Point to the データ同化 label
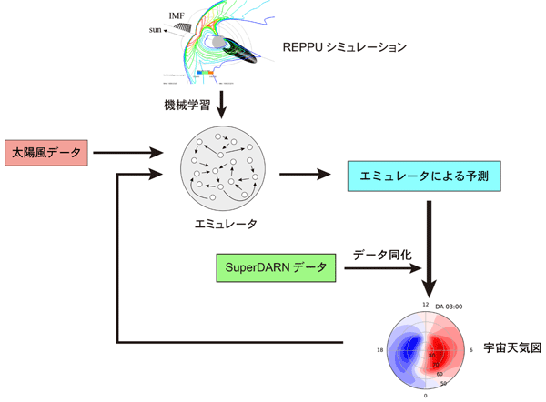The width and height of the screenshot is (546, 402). click(x=383, y=256)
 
